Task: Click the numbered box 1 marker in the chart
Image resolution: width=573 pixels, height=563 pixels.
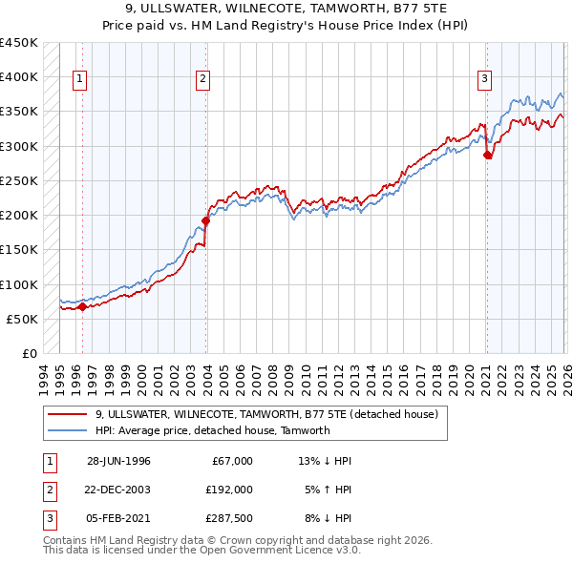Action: [x=79, y=80]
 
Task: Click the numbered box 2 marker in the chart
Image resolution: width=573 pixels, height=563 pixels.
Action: [x=203, y=80]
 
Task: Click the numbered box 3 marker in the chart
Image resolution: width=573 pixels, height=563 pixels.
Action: [x=485, y=80]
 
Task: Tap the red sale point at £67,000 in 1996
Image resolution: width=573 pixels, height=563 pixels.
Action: [x=82, y=306]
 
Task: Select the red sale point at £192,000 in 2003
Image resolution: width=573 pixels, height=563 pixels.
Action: [x=206, y=220]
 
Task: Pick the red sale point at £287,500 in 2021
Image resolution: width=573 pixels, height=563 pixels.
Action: [x=488, y=155]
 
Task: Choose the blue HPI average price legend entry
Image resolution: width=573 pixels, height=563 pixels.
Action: [x=212, y=430]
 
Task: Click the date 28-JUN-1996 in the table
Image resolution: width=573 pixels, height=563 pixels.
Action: [x=118, y=461]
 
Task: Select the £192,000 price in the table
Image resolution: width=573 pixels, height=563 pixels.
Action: [x=229, y=490]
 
